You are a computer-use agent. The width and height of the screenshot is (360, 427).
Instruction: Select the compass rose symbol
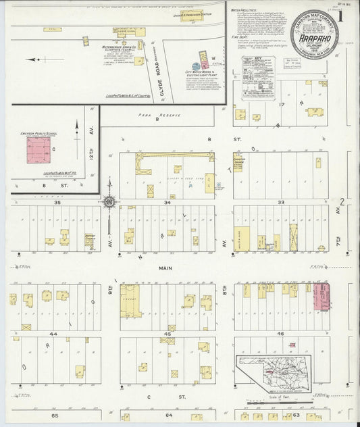click(107, 200)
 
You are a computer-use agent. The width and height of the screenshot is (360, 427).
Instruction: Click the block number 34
click(167, 202)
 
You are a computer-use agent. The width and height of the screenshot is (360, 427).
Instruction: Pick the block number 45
click(167, 334)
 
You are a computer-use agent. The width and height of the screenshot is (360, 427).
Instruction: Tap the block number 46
click(281, 334)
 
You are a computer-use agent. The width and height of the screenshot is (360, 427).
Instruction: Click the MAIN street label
click(166, 268)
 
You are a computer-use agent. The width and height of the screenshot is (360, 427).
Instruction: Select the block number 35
click(58, 202)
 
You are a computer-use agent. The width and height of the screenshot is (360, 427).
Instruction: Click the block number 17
click(280, 105)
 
